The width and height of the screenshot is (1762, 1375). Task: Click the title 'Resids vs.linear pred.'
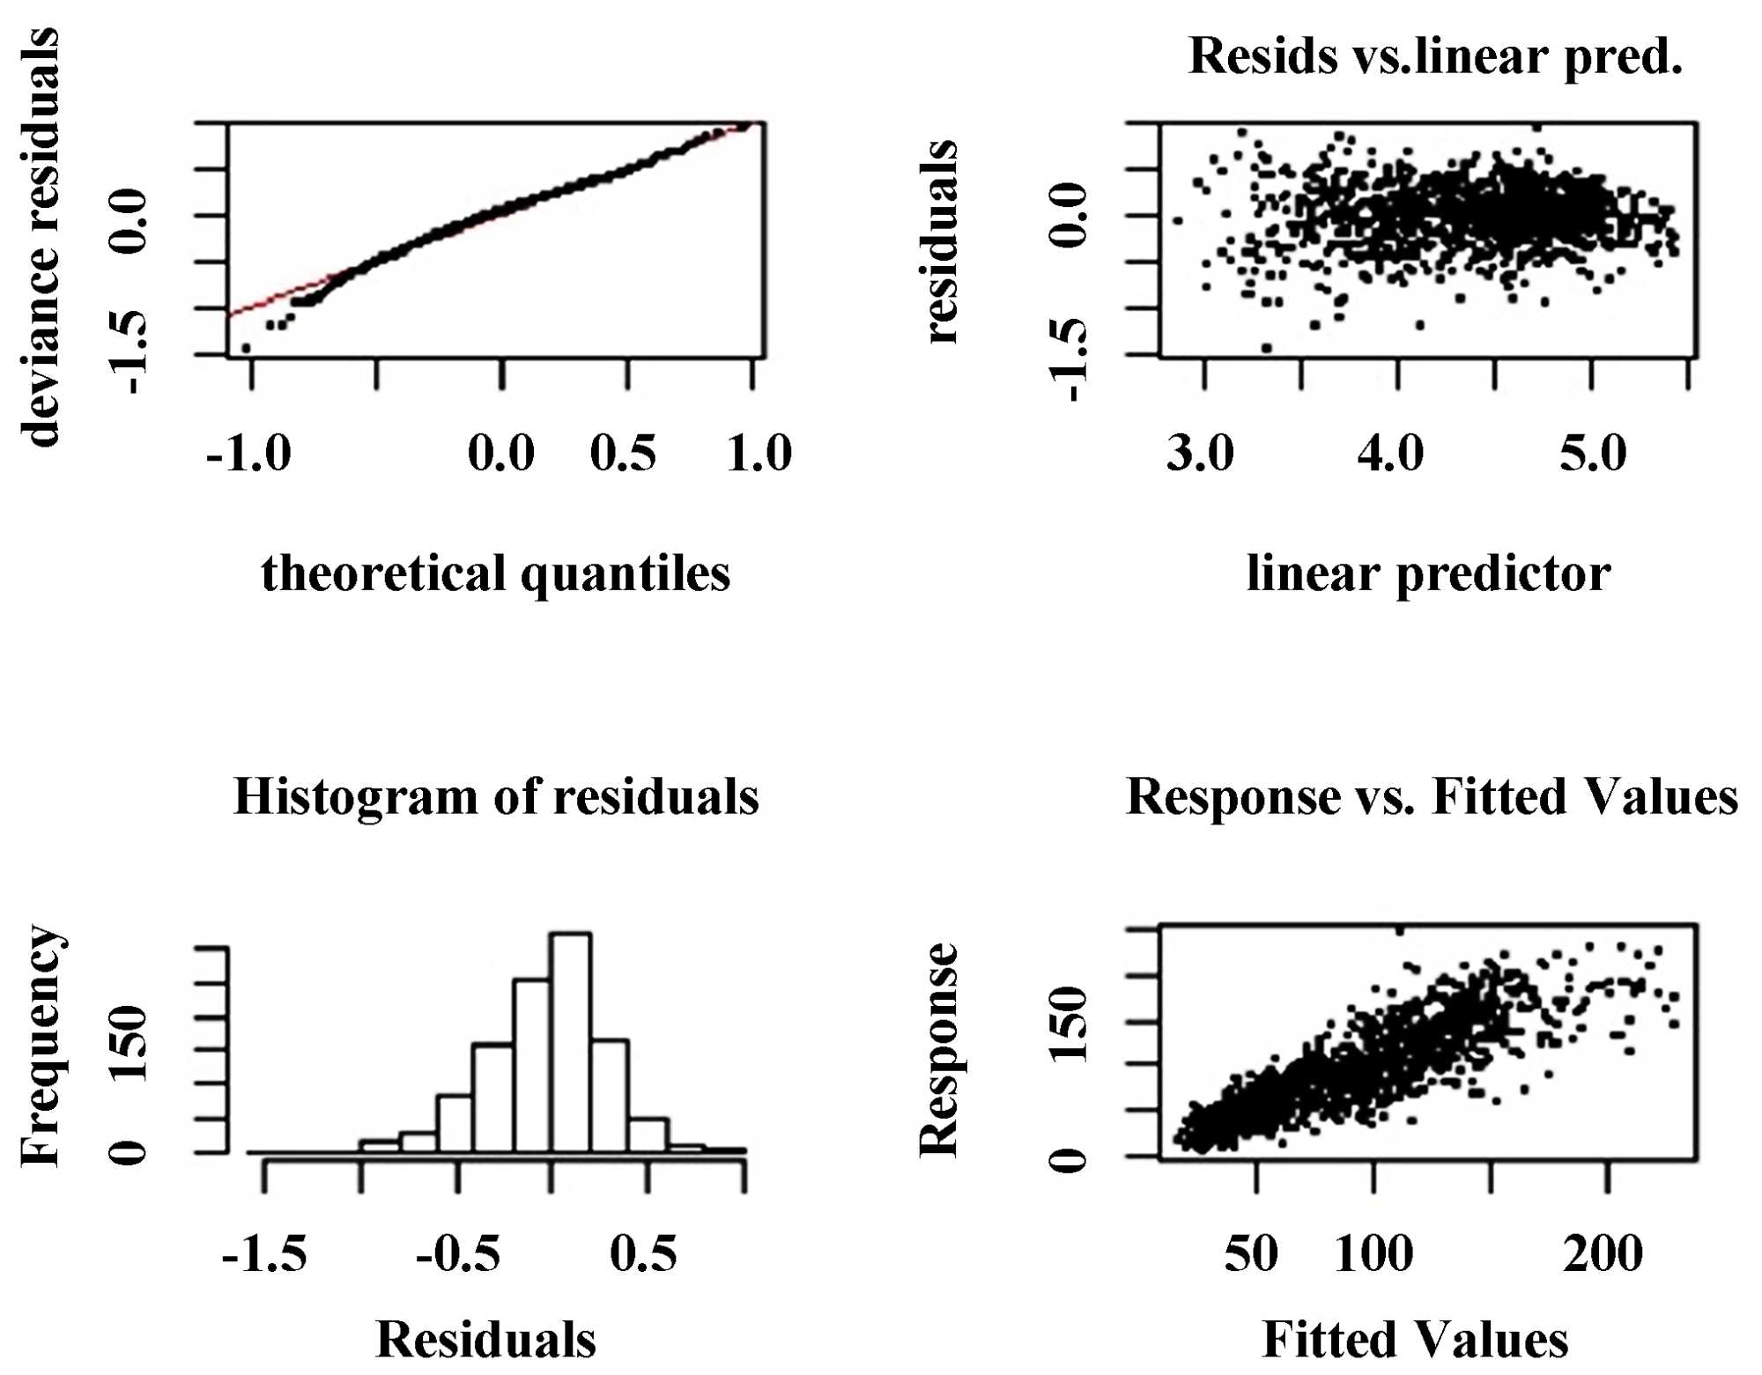point(1435,57)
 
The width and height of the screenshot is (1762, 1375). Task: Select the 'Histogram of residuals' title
point(496,797)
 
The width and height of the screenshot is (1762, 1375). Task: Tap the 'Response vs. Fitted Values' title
point(1432,797)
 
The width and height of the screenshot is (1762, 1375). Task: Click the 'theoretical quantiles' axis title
point(496,574)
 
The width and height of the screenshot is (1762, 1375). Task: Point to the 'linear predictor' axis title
point(1428,574)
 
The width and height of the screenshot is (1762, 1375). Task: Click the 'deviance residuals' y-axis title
point(41,238)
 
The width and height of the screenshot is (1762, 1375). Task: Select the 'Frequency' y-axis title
point(41,1046)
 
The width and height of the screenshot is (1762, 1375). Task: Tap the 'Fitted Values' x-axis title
point(1415,1340)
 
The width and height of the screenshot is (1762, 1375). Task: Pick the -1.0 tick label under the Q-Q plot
point(248,454)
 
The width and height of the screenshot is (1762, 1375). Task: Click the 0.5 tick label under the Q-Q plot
point(623,454)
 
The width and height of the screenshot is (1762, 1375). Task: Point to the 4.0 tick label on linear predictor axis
point(1390,454)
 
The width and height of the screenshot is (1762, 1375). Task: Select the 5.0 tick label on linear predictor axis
point(1593,454)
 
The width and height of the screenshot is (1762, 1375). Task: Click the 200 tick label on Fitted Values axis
point(1603,1253)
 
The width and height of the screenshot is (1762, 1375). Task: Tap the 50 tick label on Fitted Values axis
point(1251,1253)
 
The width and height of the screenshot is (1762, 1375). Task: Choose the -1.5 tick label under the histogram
point(264,1253)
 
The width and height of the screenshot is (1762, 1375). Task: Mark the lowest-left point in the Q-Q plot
point(246,349)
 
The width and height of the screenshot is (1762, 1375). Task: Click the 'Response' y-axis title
point(939,1049)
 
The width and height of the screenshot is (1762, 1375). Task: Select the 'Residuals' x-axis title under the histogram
point(485,1340)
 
